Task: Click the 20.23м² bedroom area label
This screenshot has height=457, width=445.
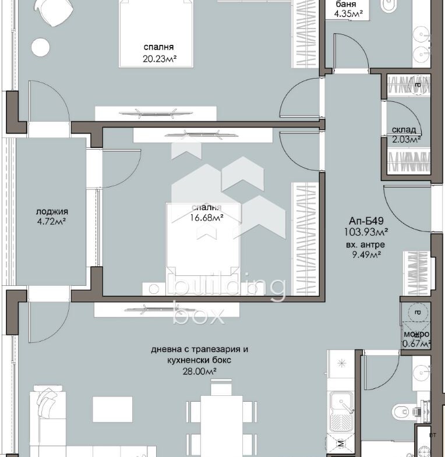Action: tap(160, 59)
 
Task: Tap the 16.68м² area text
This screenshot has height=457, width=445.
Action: tap(207, 218)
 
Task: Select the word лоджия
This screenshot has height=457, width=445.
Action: tap(52, 211)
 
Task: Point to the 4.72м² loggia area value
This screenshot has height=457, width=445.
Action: tap(51, 221)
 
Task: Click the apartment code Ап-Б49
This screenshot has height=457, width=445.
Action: tap(366, 220)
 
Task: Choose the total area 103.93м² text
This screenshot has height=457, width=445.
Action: tap(366, 232)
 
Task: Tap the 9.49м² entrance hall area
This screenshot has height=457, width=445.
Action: tap(366, 255)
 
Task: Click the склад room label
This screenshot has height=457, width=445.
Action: tap(404, 130)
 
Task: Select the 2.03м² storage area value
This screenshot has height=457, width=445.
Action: tap(406, 139)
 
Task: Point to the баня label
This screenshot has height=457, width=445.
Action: tap(346, 4)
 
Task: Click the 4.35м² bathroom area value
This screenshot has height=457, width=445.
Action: tap(348, 14)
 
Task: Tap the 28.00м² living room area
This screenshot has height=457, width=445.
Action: tap(199, 371)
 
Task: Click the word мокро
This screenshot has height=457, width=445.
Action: tap(416, 334)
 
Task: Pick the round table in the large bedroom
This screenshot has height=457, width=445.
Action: tap(41, 47)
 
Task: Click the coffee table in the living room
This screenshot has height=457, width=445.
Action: tap(112, 409)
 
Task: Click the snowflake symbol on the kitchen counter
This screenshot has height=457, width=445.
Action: tap(341, 363)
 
